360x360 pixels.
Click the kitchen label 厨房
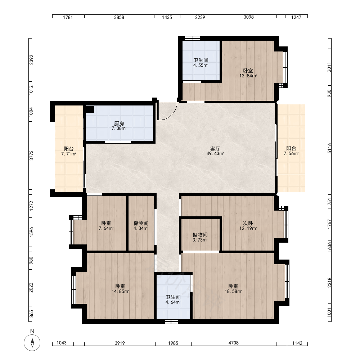click(119, 124)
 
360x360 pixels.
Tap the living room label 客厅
click(215, 149)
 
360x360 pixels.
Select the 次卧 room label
click(248, 223)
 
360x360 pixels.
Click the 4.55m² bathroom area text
click(201, 65)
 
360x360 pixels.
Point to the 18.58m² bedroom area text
click(233, 291)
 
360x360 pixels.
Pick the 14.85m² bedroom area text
click(120, 291)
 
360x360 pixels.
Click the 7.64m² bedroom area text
click(106, 228)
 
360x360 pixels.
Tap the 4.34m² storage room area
click(141, 228)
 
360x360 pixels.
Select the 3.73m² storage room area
click(200, 240)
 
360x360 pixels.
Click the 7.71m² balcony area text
click(69, 154)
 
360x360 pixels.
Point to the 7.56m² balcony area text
click(291, 154)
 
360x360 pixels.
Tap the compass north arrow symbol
click(32, 343)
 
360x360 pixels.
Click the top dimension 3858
click(119, 17)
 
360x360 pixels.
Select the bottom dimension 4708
click(234, 343)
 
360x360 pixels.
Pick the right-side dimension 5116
click(330, 148)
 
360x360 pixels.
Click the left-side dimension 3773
click(31, 156)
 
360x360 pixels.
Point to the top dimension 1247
click(296, 17)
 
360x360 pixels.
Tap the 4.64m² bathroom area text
click(173, 302)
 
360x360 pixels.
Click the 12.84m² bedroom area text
click(248, 76)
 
